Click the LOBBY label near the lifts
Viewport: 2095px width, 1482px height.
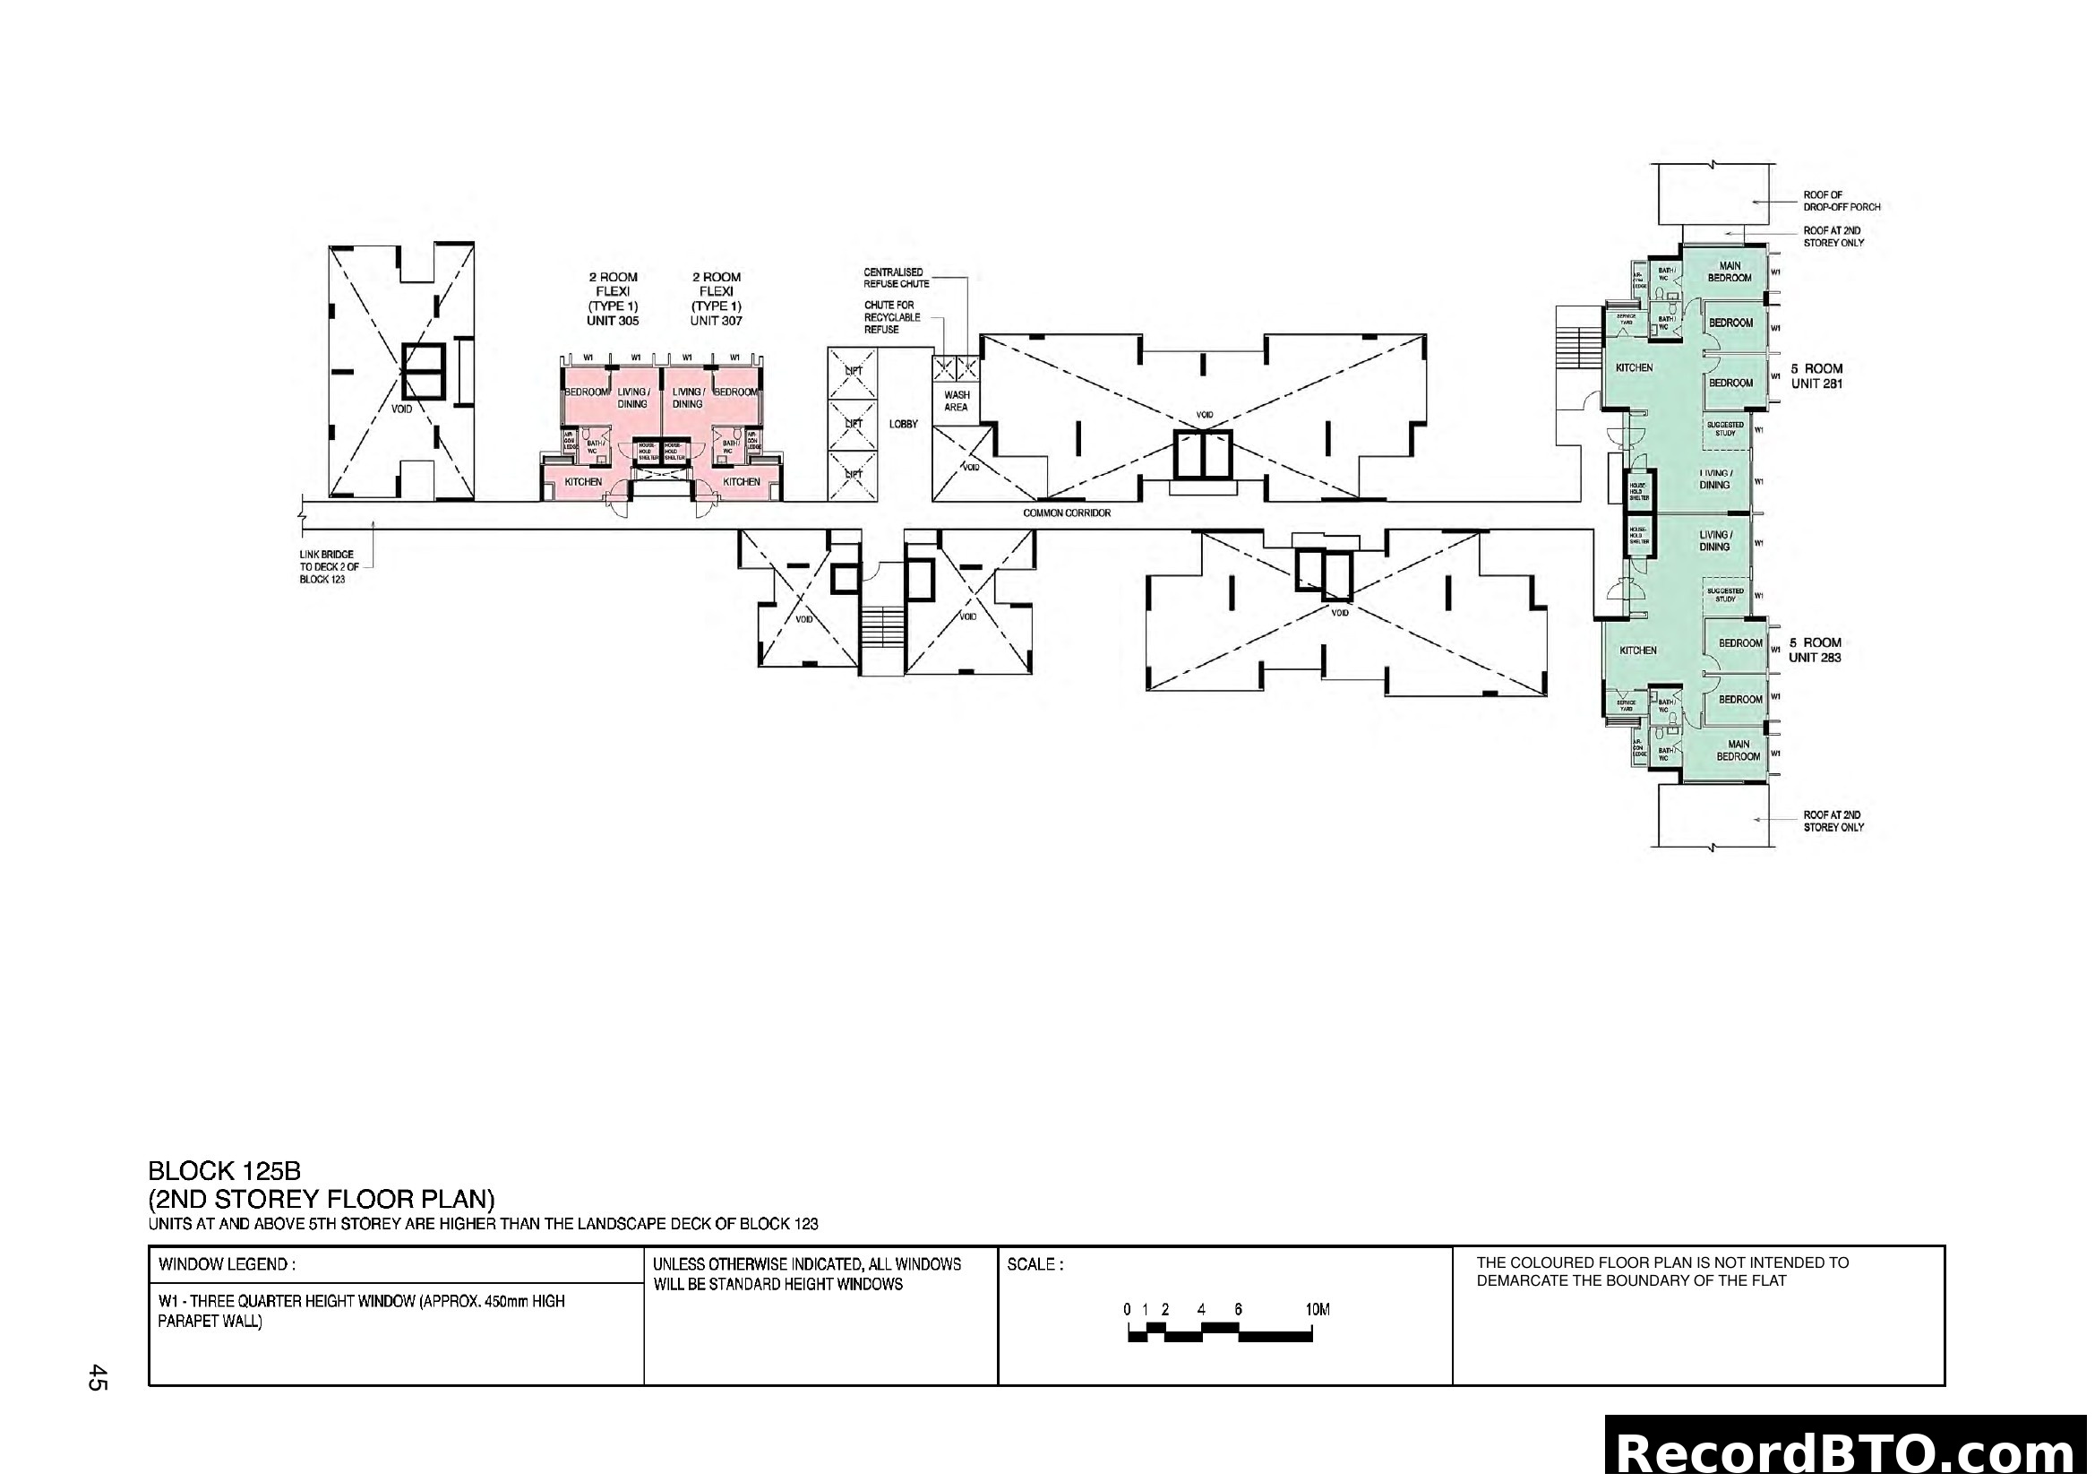click(x=904, y=425)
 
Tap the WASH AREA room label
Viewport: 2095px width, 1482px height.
click(x=957, y=401)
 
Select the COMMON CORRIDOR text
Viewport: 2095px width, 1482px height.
click(x=1067, y=513)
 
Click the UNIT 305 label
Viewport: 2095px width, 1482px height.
click(x=613, y=322)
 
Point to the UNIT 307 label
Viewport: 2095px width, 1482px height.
click(x=717, y=322)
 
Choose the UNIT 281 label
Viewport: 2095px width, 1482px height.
click(x=1816, y=384)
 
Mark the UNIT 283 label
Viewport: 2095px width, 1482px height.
click(x=1814, y=658)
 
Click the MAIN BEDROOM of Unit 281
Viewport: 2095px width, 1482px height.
click(x=1729, y=272)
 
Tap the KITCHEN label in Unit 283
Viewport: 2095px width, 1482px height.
click(x=1638, y=651)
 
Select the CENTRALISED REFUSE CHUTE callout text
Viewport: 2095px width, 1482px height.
click(x=896, y=278)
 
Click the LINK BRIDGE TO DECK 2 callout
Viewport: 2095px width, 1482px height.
click(x=326, y=566)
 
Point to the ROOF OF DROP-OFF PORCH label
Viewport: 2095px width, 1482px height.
click(x=1841, y=201)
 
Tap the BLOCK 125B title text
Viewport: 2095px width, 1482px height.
click(x=224, y=1171)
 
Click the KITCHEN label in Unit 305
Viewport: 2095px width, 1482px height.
click(x=583, y=482)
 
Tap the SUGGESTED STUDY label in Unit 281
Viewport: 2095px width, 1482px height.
click(x=1724, y=429)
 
